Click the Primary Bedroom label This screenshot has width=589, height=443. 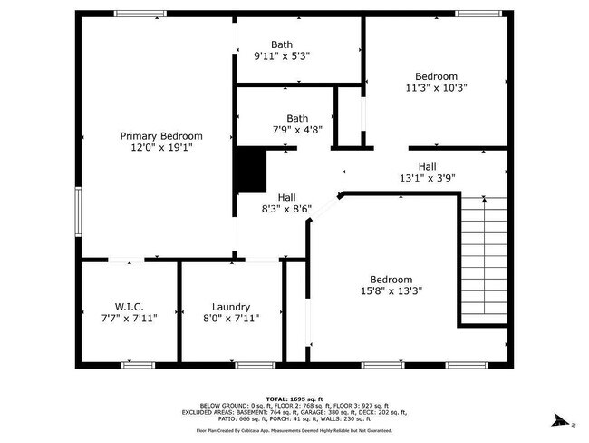click(x=161, y=135)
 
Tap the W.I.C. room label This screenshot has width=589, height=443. click(x=130, y=307)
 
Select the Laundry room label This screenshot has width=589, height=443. click(x=231, y=307)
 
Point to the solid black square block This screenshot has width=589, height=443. click(x=250, y=171)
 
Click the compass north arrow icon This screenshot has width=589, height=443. click(x=563, y=420)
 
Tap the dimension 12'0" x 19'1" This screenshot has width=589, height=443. click(x=161, y=146)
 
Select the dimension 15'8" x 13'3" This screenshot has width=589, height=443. click(x=391, y=290)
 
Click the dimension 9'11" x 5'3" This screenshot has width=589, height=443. click(x=282, y=55)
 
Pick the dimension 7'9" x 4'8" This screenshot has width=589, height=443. click(x=297, y=129)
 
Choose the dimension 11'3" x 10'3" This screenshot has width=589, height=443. click(x=436, y=87)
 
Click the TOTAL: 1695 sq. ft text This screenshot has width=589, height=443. click(x=294, y=399)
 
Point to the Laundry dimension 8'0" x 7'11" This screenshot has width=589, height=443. click(x=231, y=318)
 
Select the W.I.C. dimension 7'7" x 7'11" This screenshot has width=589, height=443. click(x=130, y=318)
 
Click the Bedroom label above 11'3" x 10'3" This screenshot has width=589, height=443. click(x=436, y=76)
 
